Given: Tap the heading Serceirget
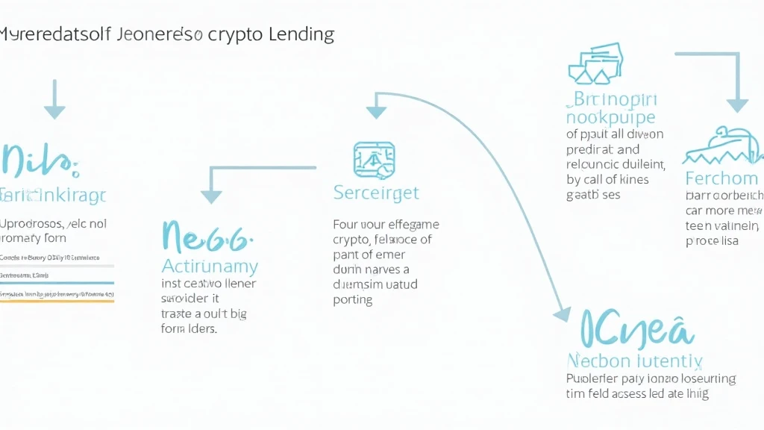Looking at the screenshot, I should (x=376, y=193).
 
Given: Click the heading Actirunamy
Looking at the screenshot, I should (x=210, y=266).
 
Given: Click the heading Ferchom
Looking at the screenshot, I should (x=721, y=178).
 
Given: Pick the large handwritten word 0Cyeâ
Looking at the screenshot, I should (x=636, y=328).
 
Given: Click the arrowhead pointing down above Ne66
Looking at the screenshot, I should (x=212, y=196).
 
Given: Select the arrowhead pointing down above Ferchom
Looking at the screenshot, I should (x=738, y=104).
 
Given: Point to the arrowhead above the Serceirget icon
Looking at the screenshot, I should (x=376, y=112).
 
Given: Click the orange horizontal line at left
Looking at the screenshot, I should (x=57, y=300).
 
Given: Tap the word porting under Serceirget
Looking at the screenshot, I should (x=352, y=299).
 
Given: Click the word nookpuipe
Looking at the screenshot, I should (x=610, y=118).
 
